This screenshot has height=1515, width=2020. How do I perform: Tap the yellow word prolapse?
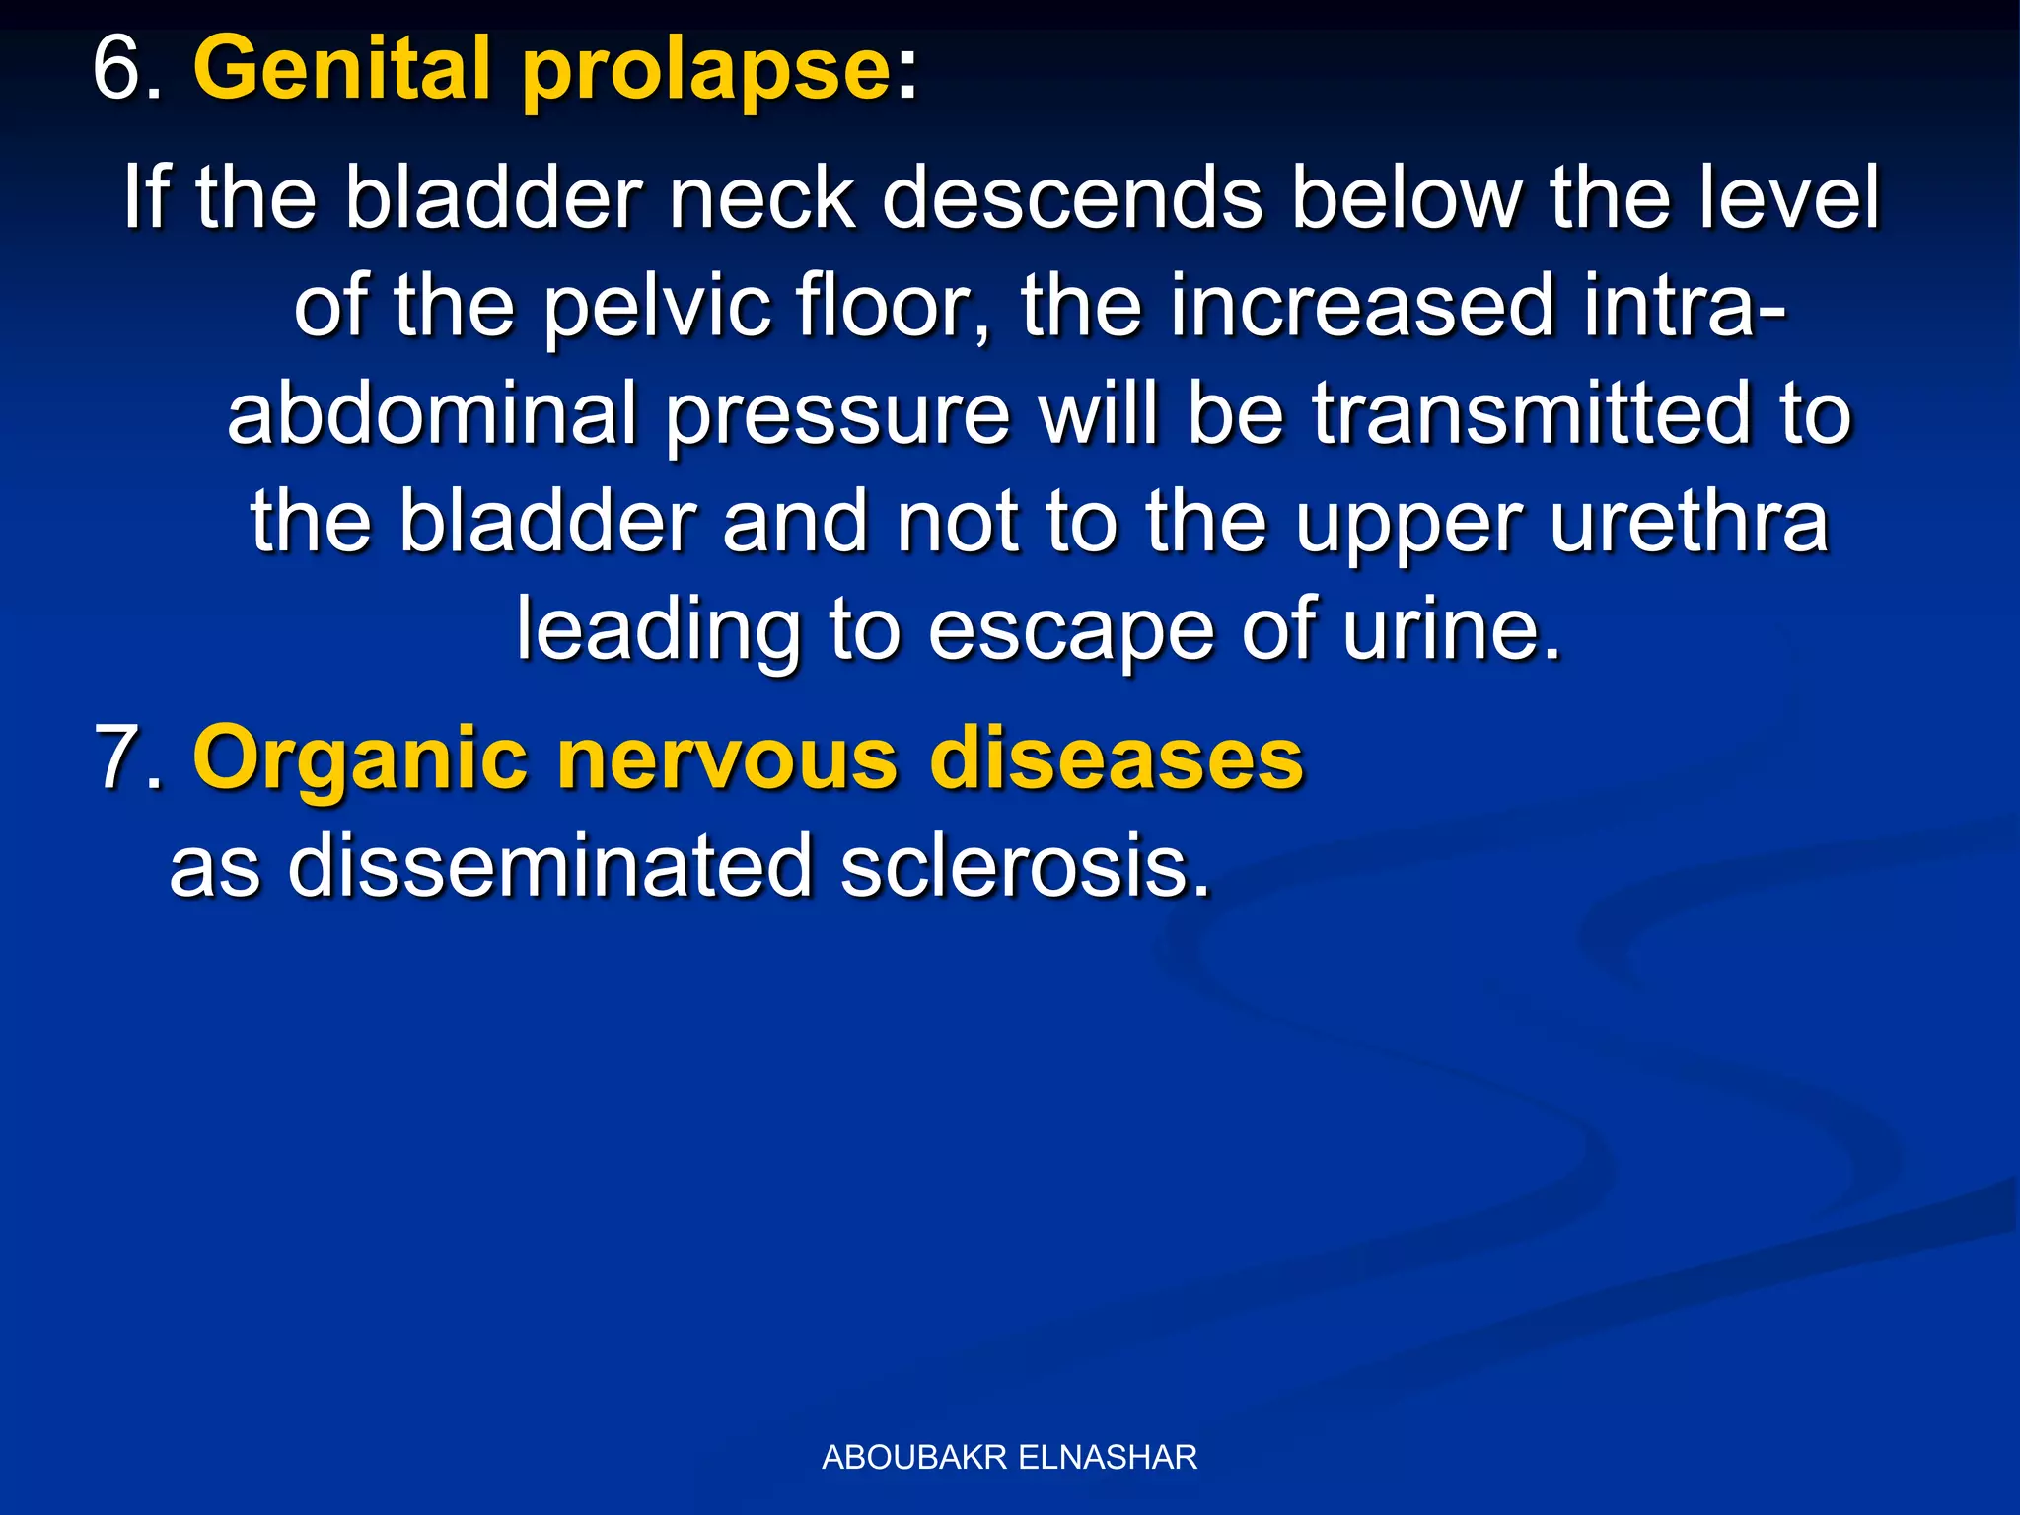click(706, 71)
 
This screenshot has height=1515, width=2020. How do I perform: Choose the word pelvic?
click(657, 308)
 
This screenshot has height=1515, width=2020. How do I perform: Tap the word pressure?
click(838, 416)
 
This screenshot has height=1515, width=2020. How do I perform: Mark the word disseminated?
click(549, 866)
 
